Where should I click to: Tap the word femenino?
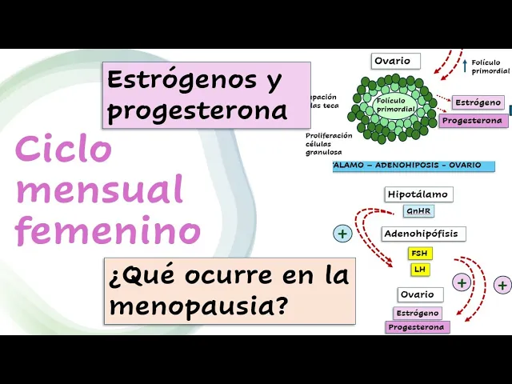pos(108,230)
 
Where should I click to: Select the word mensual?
pos(99,190)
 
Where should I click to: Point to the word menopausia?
pos(199,305)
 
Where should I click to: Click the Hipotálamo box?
pos(418,194)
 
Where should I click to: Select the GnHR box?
pos(418,211)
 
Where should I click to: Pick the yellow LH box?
pos(419,270)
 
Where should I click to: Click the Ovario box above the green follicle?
pos(393,61)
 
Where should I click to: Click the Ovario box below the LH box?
pos(417,294)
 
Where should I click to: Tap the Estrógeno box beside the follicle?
pos(478,102)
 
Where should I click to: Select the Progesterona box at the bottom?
pos(418,327)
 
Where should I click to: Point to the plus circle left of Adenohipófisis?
pos(342,234)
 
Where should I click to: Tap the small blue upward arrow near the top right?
pos(465,66)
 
